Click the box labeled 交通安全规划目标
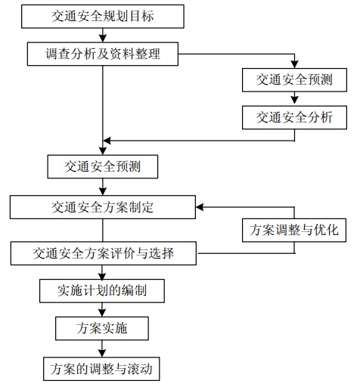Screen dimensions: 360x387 tap(103, 17)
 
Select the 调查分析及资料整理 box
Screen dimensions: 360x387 tap(103, 54)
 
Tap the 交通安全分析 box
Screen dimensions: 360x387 tap(294, 118)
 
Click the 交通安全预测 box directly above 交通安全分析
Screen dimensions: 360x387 tap(294, 80)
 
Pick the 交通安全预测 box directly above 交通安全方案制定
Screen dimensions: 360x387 tap(103, 167)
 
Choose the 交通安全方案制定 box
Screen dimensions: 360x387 tap(103, 207)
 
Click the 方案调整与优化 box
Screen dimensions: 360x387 tap(294, 231)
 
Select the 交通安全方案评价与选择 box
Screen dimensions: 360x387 tap(104, 253)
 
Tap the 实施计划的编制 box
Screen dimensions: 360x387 tap(102, 291)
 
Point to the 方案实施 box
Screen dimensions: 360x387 tap(102, 328)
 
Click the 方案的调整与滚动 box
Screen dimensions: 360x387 tap(101, 369)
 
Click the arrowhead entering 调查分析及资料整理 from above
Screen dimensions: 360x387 tap(103, 39)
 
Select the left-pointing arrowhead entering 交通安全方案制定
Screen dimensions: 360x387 tap(200, 207)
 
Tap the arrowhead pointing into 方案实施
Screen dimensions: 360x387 tap(102, 313)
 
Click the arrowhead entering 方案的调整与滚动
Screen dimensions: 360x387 tap(102, 353)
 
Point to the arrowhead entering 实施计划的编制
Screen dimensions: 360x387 tap(102, 276)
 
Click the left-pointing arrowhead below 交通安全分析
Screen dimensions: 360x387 tap(107, 141)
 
